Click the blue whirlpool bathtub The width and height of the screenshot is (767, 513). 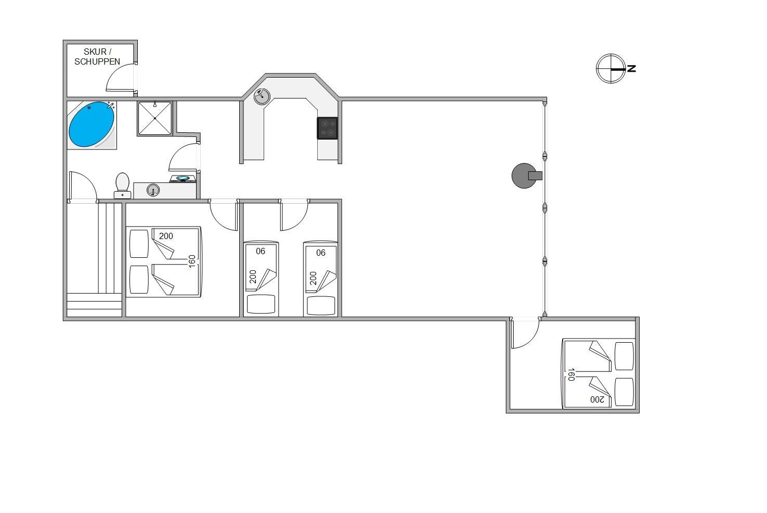point(92,124)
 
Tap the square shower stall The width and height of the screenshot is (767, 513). point(155,118)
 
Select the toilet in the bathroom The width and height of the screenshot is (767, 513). point(122,185)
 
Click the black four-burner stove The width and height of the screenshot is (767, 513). point(328,128)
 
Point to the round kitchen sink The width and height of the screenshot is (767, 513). point(262,97)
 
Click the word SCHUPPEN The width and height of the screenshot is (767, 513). point(97,62)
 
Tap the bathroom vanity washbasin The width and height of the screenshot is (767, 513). point(153,190)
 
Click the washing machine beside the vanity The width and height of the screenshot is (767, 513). point(183,179)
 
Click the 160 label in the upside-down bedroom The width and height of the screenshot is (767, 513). point(571,374)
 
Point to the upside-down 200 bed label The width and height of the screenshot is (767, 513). point(597,399)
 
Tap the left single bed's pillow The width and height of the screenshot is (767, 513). point(261,304)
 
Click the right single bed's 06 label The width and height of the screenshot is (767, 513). point(320,253)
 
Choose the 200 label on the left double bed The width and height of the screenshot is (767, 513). point(166,236)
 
